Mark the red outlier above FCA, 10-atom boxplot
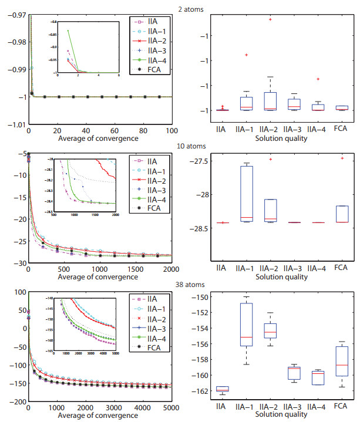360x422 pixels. coord(342,158)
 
